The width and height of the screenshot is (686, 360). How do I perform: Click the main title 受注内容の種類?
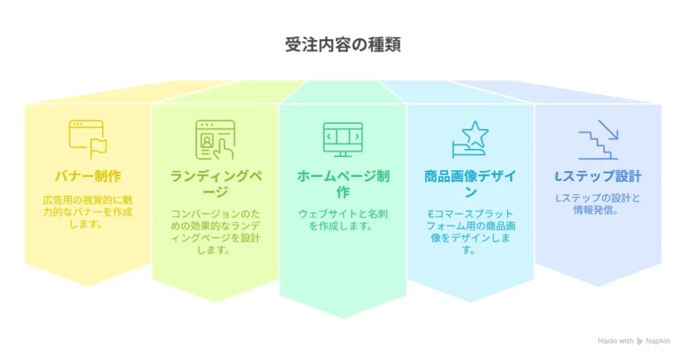[x=343, y=45]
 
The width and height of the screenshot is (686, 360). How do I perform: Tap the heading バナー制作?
[x=88, y=176]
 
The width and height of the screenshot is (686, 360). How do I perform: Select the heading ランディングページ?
[x=215, y=184]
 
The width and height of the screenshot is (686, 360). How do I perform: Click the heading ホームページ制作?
[x=343, y=184]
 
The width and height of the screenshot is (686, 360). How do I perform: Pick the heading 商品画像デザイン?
[x=470, y=184]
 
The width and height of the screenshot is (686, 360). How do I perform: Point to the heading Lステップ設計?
[x=598, y=176]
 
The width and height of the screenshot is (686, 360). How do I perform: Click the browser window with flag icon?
[x=88, y=139]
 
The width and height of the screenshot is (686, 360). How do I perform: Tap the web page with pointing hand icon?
[x=215, y=139]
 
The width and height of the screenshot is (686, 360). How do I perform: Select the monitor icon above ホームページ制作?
[x=343, y=139]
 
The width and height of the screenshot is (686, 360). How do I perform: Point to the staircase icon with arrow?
[x=598, y=139]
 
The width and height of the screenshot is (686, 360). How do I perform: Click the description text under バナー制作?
[x=88, y=212]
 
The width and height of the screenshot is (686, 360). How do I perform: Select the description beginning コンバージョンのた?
[x=215, y=232]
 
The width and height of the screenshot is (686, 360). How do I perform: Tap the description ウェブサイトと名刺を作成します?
[x=343, y=220]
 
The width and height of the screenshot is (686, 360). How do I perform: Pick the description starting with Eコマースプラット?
[x=470, y=232]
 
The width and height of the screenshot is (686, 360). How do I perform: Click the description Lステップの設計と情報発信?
[x=598, y=204]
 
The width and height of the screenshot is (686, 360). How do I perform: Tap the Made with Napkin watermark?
[x=634, y=341]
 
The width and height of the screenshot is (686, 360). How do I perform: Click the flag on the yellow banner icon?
[x=98, y=147]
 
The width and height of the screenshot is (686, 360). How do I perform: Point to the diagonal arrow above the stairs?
[x=608, y=129]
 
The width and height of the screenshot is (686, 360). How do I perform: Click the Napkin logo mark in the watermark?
[x=640, y=341]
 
